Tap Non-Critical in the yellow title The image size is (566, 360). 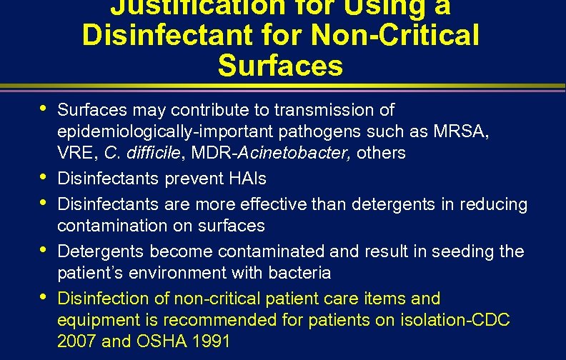pyautogui.click(x=396, y=34)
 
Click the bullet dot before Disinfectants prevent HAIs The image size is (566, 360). pyautogui.click(x=45, y=176)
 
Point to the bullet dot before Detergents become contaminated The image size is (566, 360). pyautogui.click(x=45, y=250)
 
